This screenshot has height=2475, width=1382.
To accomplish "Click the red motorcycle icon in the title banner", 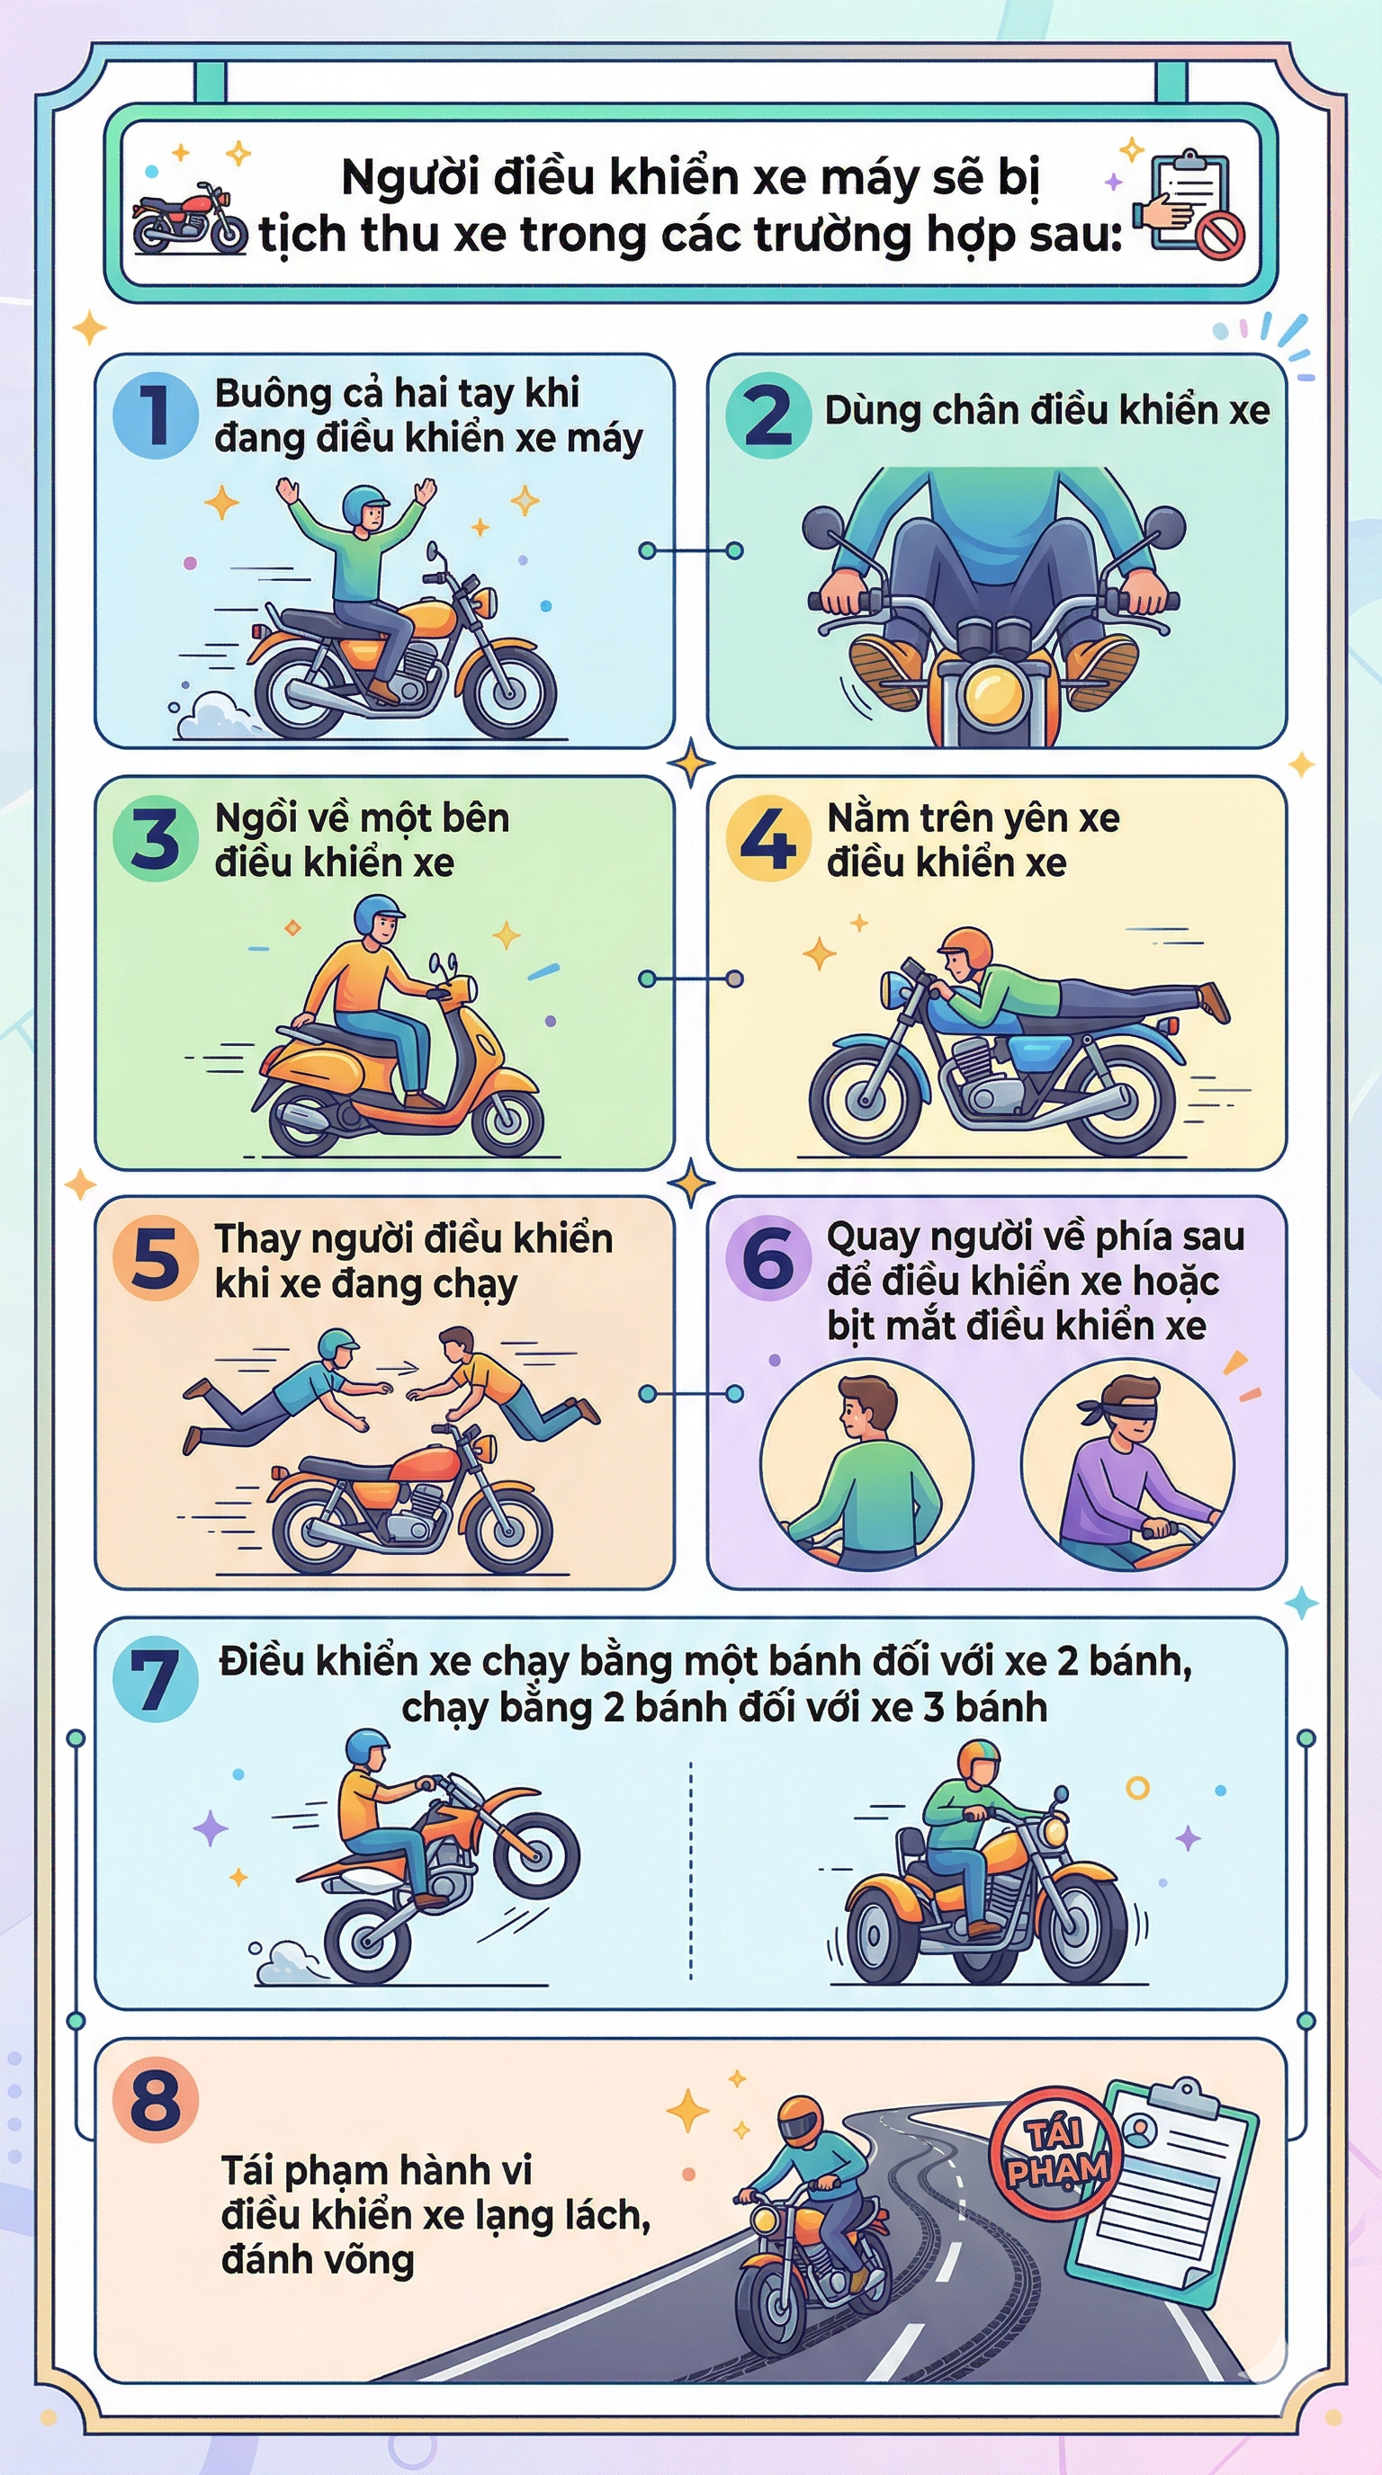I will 189,221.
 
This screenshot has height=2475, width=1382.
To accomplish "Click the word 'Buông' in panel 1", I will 258,394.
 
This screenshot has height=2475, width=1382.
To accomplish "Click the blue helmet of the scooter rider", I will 377,914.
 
